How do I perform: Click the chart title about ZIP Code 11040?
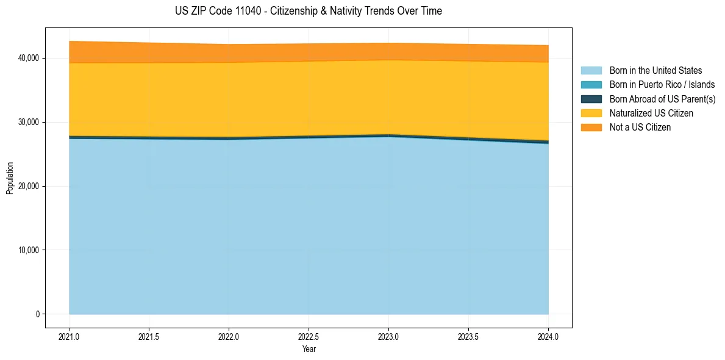click(x=308, y=11)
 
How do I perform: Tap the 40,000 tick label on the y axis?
click(x=27, y=58)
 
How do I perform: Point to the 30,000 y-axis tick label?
click(x=27, y=122)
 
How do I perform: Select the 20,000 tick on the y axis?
click(x=27, y=186)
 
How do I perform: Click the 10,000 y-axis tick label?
click(x=27, y=250)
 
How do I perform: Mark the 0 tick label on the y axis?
click(x=37, y=314)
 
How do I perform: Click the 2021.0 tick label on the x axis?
click(x=70, y=336)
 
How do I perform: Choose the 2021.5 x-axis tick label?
click(x=149, y=336)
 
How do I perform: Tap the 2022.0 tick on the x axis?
click(x=229, y=336)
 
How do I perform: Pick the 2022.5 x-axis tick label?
click(x=309, y=336)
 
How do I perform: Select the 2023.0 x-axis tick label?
click(x=388, y=336)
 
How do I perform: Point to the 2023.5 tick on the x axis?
click(x=468, y=336)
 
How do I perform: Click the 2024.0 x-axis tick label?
click(x=548, y=336)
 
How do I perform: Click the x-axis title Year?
click(x=309, y=349)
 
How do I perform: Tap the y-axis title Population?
click(x=10, y=178)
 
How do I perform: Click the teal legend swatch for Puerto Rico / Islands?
click(x=591, y=85)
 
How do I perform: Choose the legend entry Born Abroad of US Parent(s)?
click(x=662, y=99)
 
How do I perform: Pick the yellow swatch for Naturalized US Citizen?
click(x=591, y=113)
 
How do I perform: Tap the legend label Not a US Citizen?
click(x=640, y=128)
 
